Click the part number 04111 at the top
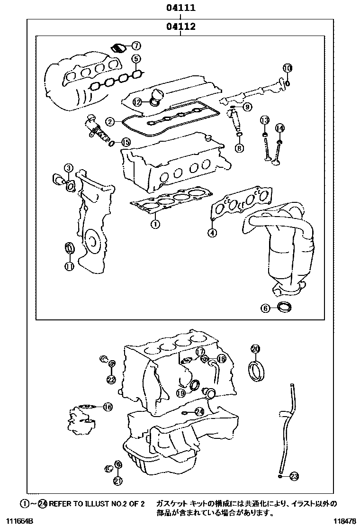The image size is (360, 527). point(180,8)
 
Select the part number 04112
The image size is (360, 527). point(180,27)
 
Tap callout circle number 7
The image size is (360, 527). point(135,46)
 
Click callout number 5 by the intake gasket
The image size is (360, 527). point(135,59)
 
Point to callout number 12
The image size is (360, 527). point(136,101)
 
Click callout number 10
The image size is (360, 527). point(288,68)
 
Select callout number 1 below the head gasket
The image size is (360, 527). point(154,223)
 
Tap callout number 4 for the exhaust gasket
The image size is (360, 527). point(212,232)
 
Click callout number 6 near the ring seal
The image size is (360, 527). point(265,308)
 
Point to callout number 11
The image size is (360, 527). point(69,266)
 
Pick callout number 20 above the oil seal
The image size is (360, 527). point(255,349)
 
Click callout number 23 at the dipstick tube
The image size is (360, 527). point(294,476)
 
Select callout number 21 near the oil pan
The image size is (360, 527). point(118,481)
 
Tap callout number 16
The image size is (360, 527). point(108,407)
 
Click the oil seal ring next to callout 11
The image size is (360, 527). point(69,248)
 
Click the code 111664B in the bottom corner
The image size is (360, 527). point(17,521)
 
